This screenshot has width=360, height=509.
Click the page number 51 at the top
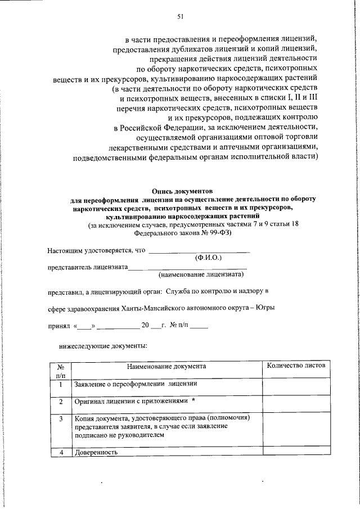click(181, 17)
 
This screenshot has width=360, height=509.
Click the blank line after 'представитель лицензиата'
click(188, 267)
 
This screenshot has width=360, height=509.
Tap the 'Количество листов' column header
click(295, 366)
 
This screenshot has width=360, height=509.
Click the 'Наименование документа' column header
click(166, 366)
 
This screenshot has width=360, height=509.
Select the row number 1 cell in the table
click(60, 385)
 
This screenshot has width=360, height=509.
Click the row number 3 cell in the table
click(60, 418)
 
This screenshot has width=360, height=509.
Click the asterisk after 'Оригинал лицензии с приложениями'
click(193, 400)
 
